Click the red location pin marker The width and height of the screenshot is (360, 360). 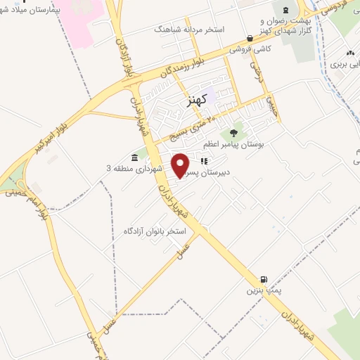pyautogui.click(x=181, y=165)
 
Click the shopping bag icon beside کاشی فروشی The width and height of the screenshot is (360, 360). pyautogui.click(x=250, y=39)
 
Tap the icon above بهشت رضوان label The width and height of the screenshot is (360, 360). pyautogui.click(x=285, y=10)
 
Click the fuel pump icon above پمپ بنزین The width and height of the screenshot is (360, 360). pyautogui.click(x=264, y=279)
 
